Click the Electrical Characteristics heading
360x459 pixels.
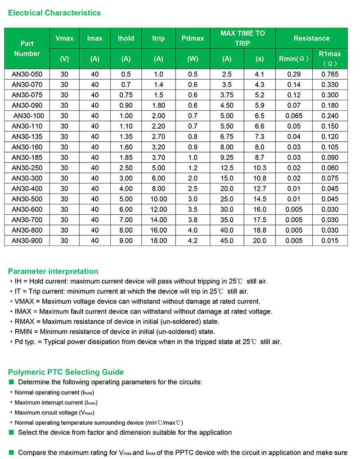(54, 13)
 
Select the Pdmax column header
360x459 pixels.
(193, 38)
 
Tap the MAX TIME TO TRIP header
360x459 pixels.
(243, 38)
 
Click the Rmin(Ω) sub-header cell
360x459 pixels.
(293, 58)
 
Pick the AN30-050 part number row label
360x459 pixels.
(27, 74)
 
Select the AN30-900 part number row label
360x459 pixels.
(27, 241)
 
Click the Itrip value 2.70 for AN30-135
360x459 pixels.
(158, 137)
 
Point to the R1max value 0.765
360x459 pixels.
(330, 74)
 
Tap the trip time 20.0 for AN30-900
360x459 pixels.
(260, 241)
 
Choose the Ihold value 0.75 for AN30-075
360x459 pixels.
(126, 95)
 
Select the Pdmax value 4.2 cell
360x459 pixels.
(193, 241)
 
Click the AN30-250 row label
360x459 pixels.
(27, 168)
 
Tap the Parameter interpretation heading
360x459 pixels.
(53, 271)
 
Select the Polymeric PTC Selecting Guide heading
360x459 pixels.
(66, 372)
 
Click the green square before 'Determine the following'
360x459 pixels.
(12, 382)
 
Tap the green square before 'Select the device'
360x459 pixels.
(12, 432)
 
